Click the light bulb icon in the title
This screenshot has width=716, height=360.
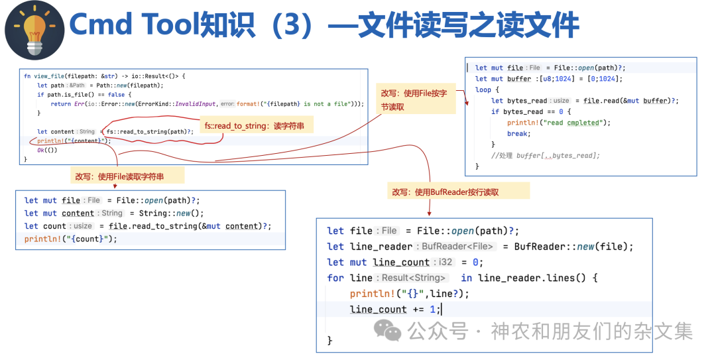(34, 29)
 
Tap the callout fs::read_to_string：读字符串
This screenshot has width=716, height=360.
(256, 125)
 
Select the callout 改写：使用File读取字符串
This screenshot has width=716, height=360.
(128, 176)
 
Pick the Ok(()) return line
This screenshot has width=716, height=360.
(47, 150)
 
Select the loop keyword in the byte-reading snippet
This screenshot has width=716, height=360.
(483, 90)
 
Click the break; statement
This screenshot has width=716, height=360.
(518, 133)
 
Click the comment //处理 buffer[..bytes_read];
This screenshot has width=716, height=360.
(545, 155)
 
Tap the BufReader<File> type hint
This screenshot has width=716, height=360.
(457, 247)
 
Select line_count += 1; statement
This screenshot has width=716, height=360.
(394, 310)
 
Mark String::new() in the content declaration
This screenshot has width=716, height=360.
(171, 213)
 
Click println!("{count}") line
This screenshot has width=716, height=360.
(70, 239)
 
